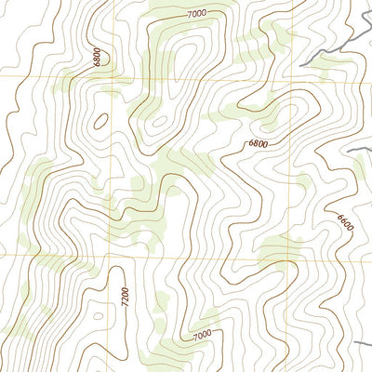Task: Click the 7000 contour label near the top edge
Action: [x=196, y=14]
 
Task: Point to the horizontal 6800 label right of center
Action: [x=261, y=144]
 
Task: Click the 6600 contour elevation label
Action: [x=345, y=224]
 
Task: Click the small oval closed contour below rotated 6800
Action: [x=100, y=120]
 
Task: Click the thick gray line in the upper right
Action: [x=335, y=42]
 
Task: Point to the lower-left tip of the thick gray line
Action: [x=307, y=63]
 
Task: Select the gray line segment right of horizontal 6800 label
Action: [x=358, y=150]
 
